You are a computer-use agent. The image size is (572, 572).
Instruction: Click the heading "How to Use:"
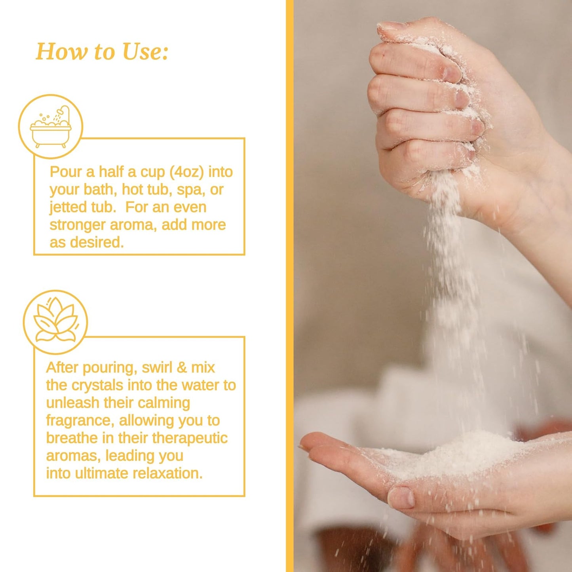(102, 52)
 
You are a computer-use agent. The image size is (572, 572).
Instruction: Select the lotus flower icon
(55, 321)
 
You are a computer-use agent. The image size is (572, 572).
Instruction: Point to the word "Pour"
(66, 172)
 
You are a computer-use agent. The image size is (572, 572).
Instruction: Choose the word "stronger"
(77, 225)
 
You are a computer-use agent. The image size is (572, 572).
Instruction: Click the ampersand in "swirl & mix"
(182, 367)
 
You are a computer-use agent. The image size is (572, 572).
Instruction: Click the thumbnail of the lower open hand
(401, 497)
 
